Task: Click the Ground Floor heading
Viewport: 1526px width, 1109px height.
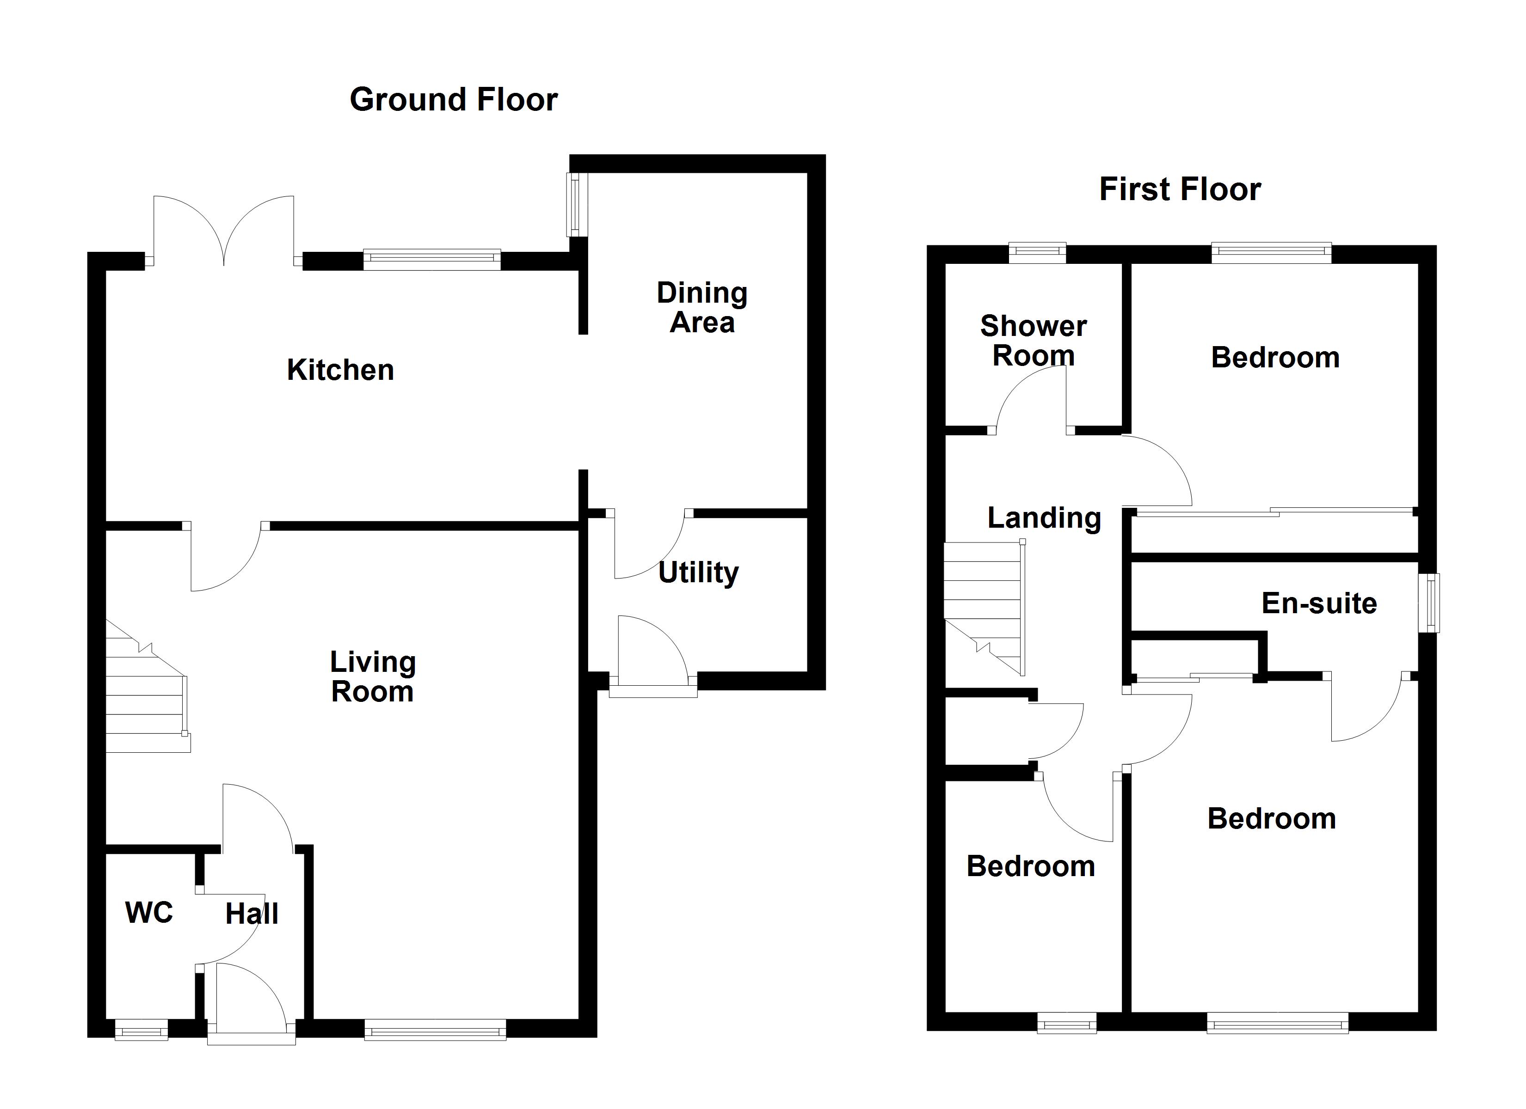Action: point(454,99)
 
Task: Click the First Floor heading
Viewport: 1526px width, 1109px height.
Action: point(1180,189)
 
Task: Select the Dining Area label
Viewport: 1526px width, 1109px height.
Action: point(702,308)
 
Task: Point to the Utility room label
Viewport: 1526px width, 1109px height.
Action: point(698,573)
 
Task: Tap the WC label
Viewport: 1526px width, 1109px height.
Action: point(149,913)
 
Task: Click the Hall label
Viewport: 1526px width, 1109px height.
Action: point(252,914)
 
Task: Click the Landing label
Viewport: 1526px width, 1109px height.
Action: point(1044,518)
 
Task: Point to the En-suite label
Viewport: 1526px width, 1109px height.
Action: point(1319,603)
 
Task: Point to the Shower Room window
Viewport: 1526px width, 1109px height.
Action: point(1037,252)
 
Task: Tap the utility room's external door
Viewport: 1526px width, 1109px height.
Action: point(652,652)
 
